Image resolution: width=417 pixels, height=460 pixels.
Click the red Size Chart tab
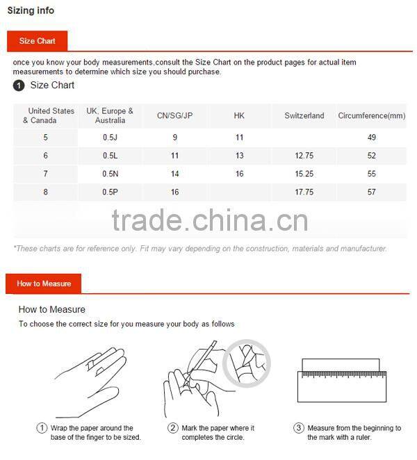(38, 41)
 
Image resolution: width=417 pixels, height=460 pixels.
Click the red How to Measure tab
(43, 284)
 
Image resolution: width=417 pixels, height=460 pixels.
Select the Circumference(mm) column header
(372, 115)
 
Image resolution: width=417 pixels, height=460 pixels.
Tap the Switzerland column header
(304, 115)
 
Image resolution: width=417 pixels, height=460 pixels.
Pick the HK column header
(239, 115)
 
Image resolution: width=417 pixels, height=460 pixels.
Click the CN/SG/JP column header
(174, 115)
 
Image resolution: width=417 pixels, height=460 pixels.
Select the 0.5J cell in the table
(110, 138)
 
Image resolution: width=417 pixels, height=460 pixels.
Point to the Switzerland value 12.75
(304, 156)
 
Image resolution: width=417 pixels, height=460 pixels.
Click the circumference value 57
(372, 192)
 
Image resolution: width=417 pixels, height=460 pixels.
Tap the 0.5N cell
(110, 174)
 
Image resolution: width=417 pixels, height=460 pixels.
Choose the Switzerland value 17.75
(304, 192)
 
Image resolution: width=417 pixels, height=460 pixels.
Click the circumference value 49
(372, 138)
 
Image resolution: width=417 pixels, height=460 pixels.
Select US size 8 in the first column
(45, 192)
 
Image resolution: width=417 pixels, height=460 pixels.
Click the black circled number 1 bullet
(19, 85)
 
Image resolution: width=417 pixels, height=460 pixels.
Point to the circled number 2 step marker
(173, 428)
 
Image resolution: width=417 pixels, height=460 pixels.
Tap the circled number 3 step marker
(298, 428)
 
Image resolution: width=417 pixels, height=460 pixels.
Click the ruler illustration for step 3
(341, 380)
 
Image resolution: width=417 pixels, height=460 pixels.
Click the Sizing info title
(31, 10)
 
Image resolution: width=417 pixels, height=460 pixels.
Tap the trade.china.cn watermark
(210, 220)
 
